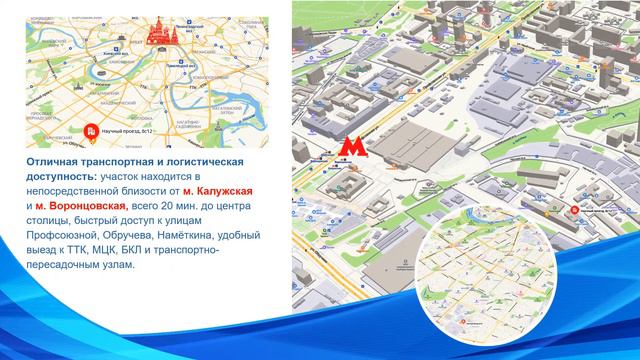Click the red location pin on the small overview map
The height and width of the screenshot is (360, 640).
(92, 128)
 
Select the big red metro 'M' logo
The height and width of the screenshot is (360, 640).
(349, 148)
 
